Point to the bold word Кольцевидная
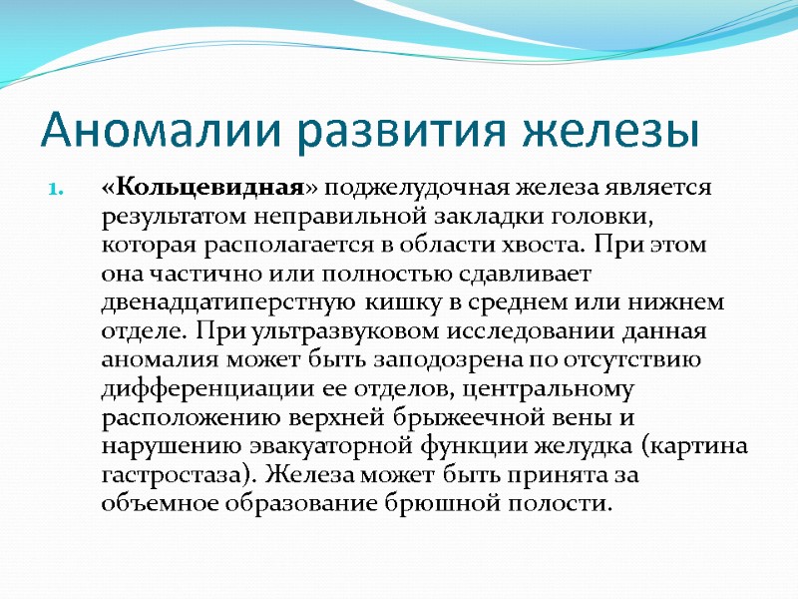pyautogui.click(x=190, y=188)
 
